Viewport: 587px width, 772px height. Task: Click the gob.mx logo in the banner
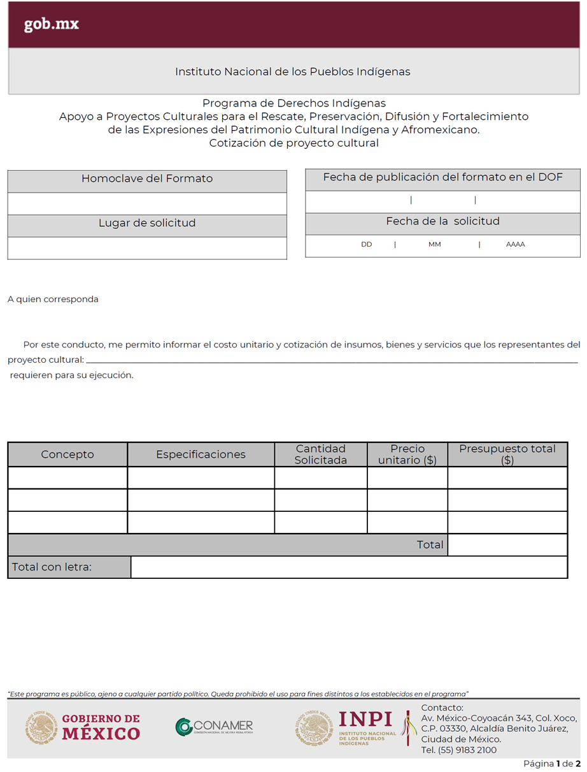pyautogui.click(x=52, y=24)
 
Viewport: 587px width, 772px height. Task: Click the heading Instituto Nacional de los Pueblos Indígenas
pyautogui.click(x=292, y=71)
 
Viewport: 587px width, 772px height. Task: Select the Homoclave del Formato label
pyautogui.click(x=147, y=178)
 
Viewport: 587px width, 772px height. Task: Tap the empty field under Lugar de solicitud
pyautogui.click(x=147, y=248)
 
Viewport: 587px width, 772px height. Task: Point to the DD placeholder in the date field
pyautogui.click(x=367, y=244)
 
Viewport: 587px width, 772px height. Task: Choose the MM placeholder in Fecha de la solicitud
pyautogui.click(x=435, y=244)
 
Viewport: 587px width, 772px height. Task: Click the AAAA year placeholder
pyautogui.click(x=515, y=244)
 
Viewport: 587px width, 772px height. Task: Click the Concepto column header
pyautogui.click(x=67, y=455)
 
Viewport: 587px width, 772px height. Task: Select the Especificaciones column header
pyautogui.click(x=201, y=455)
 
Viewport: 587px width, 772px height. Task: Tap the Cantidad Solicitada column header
pyautogui.click(x=321, y=455)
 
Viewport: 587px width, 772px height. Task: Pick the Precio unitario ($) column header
pyautogui.click(x=407, y=455)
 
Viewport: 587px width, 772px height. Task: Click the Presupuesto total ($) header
pyautogui.click(x=507, y=455)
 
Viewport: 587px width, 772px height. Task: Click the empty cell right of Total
pyautogui.click(x=507, y=544)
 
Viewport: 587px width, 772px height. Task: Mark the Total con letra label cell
pyautogui.click(x=69, y=567)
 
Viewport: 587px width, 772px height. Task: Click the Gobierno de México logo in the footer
pyautogui.click(x=83, y=727)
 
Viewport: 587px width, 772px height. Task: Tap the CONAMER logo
pyautogui.click(x=215, y=727)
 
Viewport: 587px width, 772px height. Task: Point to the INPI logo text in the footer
pyautogui.click(x=365, y=720)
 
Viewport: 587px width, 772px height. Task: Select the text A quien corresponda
pyautogui.click(x=53, y=299)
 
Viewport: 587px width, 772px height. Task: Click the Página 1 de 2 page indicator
pyautogui.click(x=552, y=764)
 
